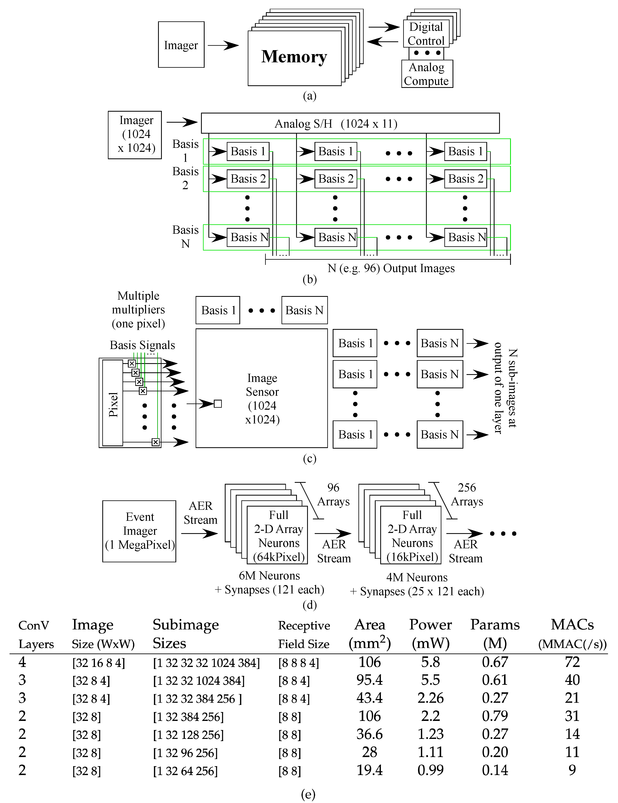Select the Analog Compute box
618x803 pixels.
click(x=427, y=74)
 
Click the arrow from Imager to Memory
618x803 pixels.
click(x=223, y=46)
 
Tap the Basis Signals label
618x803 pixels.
click(x=142, y=345)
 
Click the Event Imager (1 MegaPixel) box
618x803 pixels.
click(x=139, y=531)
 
